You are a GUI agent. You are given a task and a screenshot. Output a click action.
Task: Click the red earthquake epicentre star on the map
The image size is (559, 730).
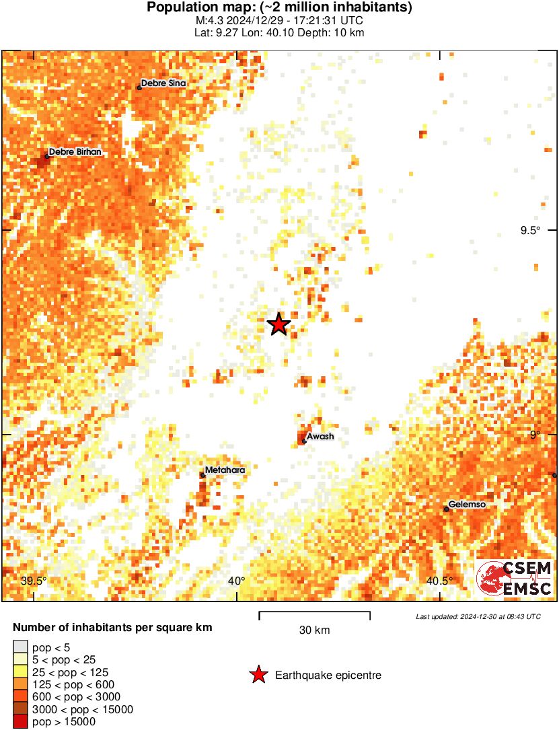pyautogui.click(x=279, y=324)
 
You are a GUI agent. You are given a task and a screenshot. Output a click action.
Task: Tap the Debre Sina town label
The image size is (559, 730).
pyautogui.click(x=163, y=83)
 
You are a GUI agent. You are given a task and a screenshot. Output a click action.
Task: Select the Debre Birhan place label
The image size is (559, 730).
pyautogui.click(x=75, y=152)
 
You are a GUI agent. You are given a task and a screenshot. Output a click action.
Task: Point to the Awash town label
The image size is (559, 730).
pyautogui.click(x=321, y=437)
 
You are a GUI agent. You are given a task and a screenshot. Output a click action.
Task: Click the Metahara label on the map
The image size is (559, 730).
pyautogui.click(x=225, y=470)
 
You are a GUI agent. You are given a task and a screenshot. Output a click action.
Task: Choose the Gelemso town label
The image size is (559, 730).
pyautogui.click(x=467, y=505)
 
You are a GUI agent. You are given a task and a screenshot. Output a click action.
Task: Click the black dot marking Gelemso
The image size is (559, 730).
pyautogui.click(x=447, y=509)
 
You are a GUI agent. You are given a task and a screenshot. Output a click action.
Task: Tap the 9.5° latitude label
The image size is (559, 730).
pyautogui.click(x=530, y=231)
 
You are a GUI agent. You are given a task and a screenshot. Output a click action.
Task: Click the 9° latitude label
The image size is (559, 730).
pyautogui.click(x=535, y=435)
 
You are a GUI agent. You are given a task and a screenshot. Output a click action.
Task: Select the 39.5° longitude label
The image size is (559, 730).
pyautogui.click(x=34, y=581)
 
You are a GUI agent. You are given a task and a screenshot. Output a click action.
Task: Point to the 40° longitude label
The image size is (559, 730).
pyautogui.click(x=236, y=581)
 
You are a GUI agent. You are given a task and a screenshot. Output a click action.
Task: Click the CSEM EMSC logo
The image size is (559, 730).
pyautogui.click(x=515, y=578)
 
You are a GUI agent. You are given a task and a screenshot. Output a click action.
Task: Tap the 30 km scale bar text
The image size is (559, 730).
pyautogui.click(x=314, y=630)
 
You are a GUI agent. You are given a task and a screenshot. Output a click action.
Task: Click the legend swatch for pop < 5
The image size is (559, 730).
pyautogui.click(x=21, y=648)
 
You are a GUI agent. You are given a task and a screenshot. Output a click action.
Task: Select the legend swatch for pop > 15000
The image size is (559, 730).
pyautogui.click(x=21, y=721)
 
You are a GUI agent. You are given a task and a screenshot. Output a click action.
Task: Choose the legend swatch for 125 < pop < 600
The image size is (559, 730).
pyautogui.click(x=21, y=684)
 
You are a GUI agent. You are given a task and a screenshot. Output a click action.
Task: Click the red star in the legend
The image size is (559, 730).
pyautogui.click(x=258, y=675)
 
